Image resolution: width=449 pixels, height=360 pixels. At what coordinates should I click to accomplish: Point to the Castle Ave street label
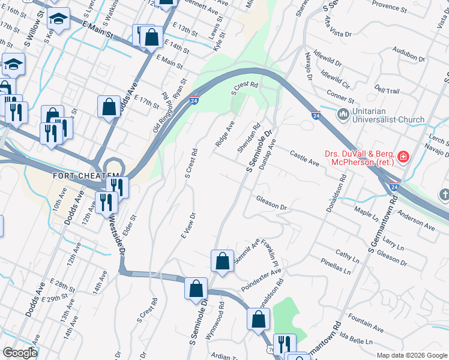click(304, 158)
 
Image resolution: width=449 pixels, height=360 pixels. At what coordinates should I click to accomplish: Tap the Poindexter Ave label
click(261, 281)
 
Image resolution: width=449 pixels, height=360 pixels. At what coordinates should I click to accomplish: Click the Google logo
click(19, 353)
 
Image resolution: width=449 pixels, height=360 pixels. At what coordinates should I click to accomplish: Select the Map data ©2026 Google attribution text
click(412, 355)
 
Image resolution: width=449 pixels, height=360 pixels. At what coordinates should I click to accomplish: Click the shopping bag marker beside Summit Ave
click(222, 261)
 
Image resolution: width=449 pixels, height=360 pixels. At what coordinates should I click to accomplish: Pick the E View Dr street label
click(187, 225)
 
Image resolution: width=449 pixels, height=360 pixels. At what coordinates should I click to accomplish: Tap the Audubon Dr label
click(409, 56)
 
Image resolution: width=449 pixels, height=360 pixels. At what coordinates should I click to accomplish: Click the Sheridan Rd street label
click(249, 137)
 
